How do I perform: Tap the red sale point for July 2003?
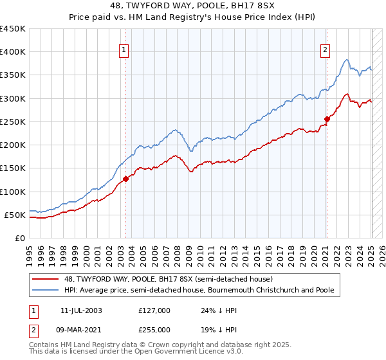pyautogui.click(x=125, y=179)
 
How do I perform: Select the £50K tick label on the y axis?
pyautogui.click(x=15, y=215)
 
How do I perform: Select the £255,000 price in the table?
pyautogui.click(x=154, y=329)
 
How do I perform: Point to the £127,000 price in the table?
pyautogui.click(x=154, y=310)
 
